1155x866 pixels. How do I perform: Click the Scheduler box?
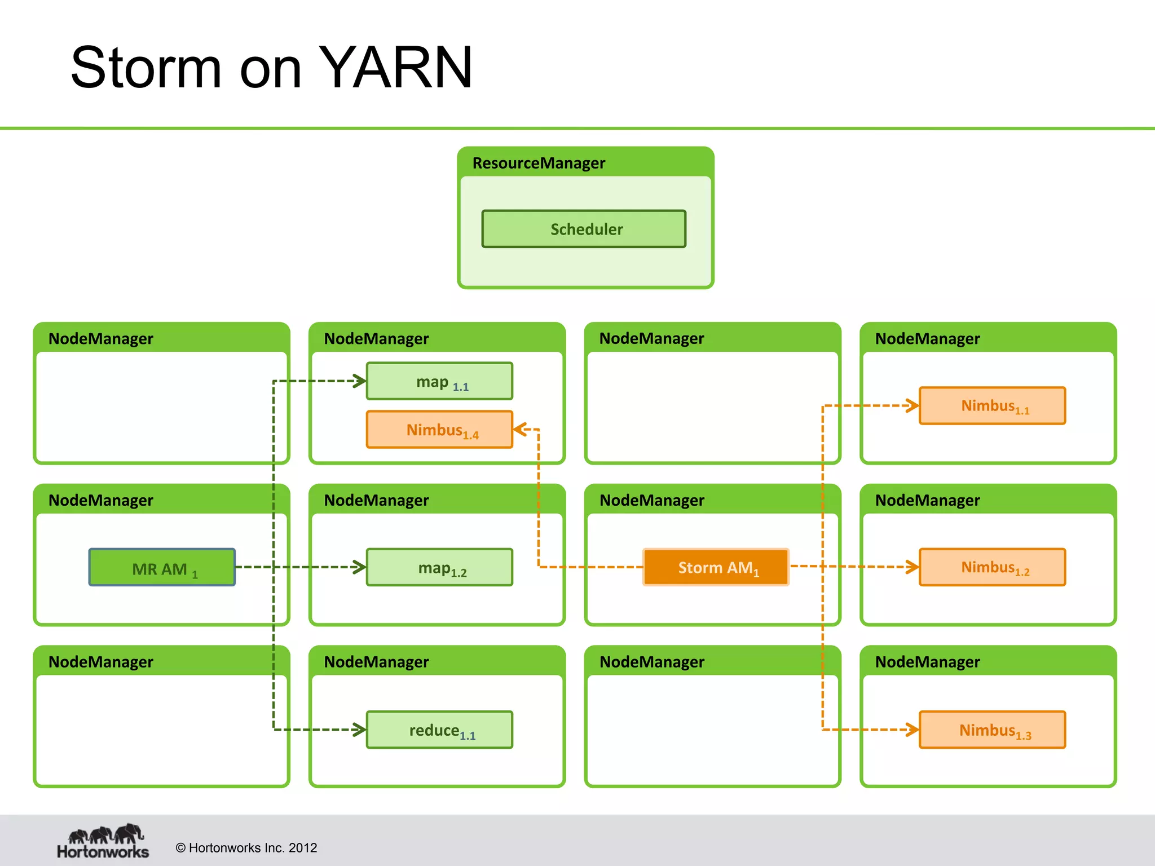[x=584, y=229]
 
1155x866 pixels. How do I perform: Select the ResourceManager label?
[x=538, y=163]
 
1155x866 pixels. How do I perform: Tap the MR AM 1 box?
[x=162, y=568]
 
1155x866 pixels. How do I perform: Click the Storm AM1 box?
[x=716, y=567]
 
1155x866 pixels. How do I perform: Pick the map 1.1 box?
[x=439, y=382]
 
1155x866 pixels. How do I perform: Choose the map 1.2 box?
[x=439, y=568]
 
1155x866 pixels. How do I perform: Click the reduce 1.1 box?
[x=439, y=730]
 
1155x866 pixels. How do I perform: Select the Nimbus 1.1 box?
[x=992, y=406]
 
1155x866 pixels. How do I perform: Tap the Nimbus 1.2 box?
[x=992, y=567]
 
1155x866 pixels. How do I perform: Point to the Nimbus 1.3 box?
[x=992, y=730]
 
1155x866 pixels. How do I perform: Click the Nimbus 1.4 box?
[x=439, y=430]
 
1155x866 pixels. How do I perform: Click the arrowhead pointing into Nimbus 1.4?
[x=519, y=430]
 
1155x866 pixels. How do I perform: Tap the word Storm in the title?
[x=146, y=68]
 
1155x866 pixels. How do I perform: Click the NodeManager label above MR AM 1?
[x=100, y=500]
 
